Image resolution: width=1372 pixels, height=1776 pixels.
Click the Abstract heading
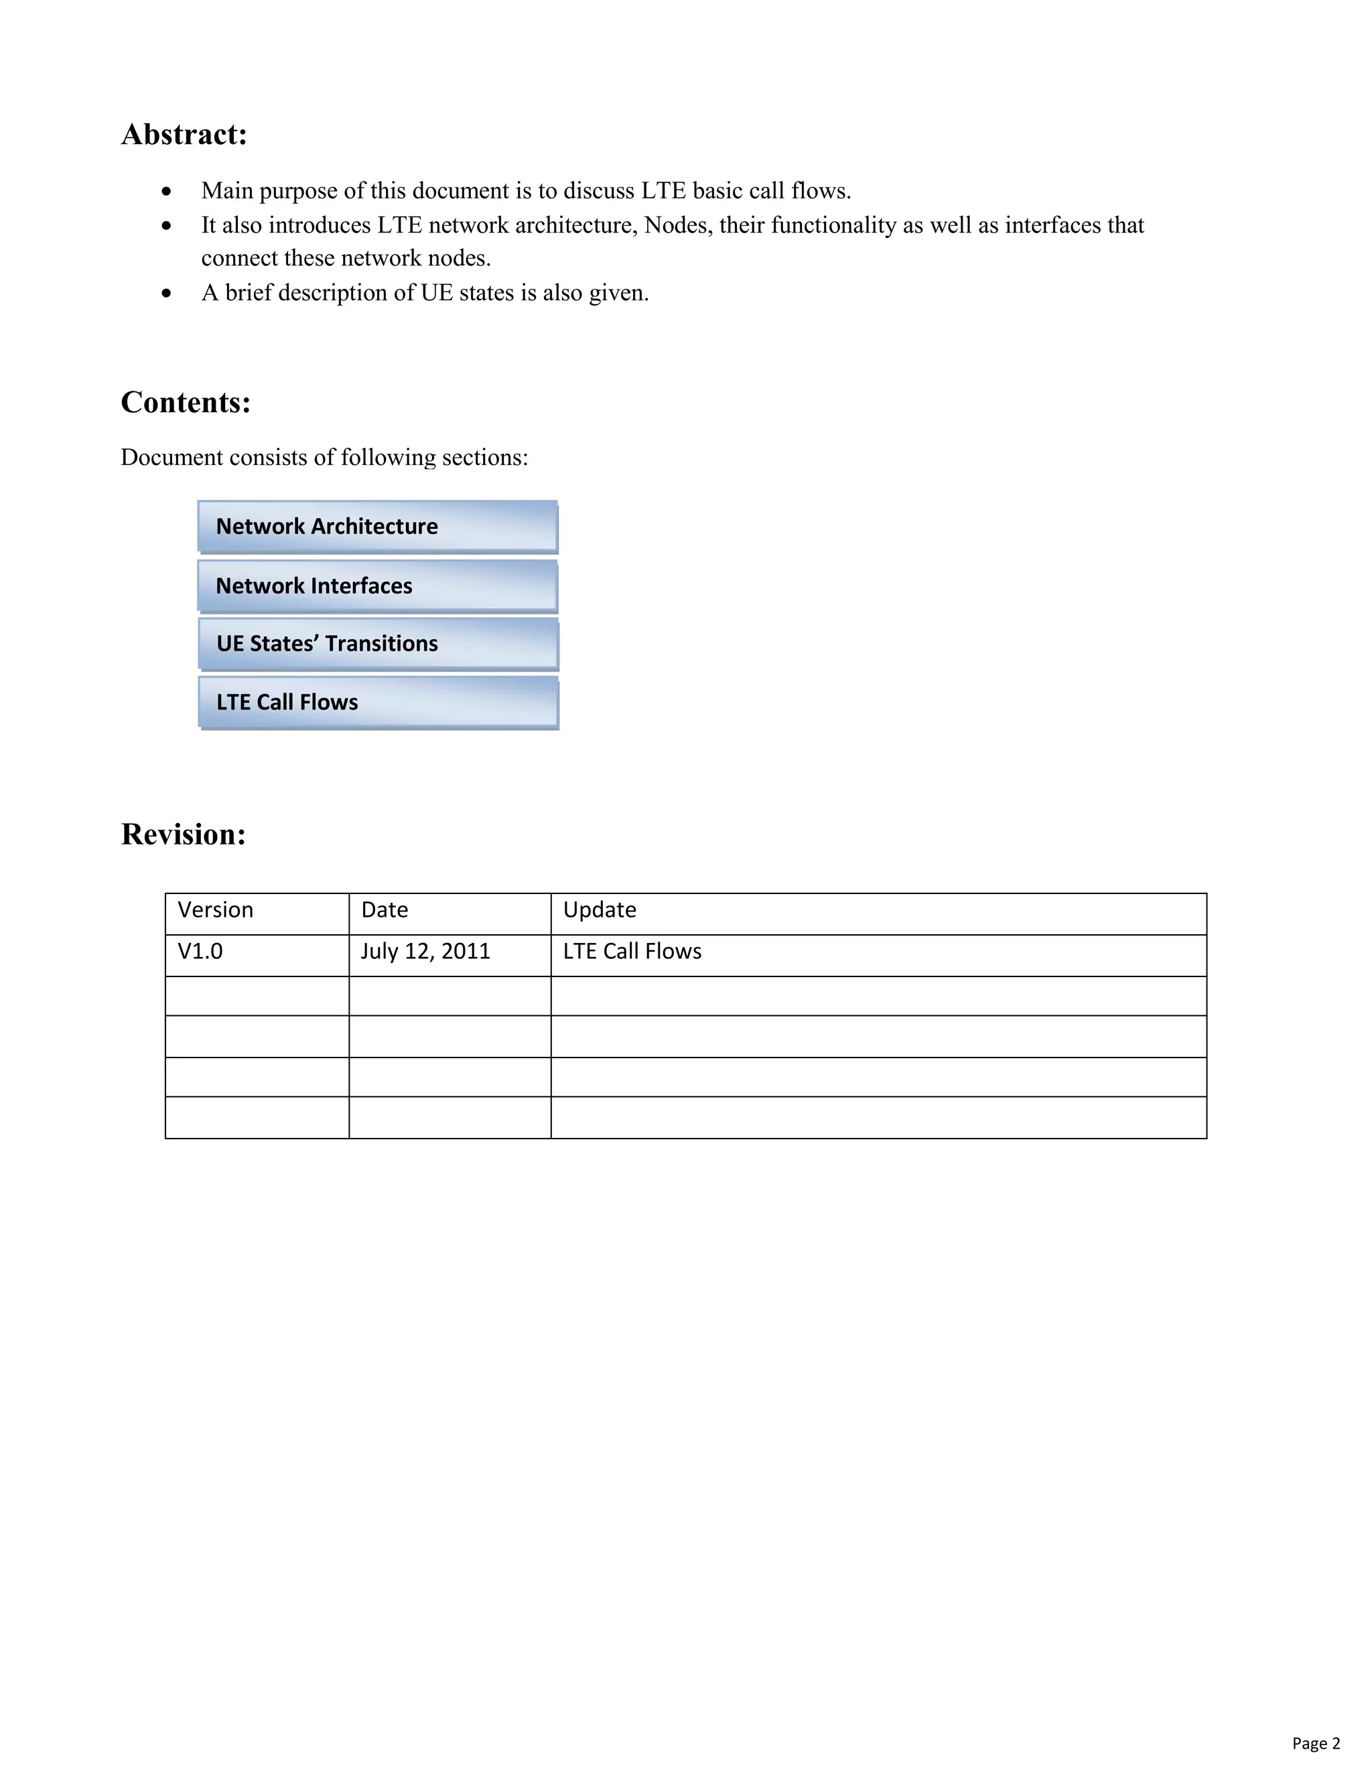click(x=184, y=134)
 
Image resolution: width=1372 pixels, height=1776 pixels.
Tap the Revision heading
click(x=183, y=834)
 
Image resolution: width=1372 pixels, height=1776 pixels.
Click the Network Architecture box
click(x=378, y=526)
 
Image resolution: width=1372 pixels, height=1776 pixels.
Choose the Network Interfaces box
click(x=378, y=586)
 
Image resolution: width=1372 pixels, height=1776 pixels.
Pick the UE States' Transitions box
click(x=378, y=643)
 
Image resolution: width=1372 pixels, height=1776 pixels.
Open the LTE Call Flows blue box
click(x=378, y=702)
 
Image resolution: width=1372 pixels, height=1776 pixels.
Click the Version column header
click(x=216, y=909)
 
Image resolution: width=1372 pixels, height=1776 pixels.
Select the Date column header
click(x=385, y=909)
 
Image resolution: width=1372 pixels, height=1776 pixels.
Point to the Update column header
click(x=600, y=909)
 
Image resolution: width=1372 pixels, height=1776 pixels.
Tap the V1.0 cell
click(x=200, y=952)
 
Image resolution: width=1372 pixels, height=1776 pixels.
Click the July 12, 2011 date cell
click(x=425, y=952)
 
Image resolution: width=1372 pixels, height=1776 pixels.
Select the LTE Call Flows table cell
click(x=632, y=952)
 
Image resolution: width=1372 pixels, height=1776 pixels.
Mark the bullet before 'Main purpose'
click(x=167, y=192)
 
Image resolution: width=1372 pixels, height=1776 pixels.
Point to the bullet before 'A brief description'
click(x=167, y=294)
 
